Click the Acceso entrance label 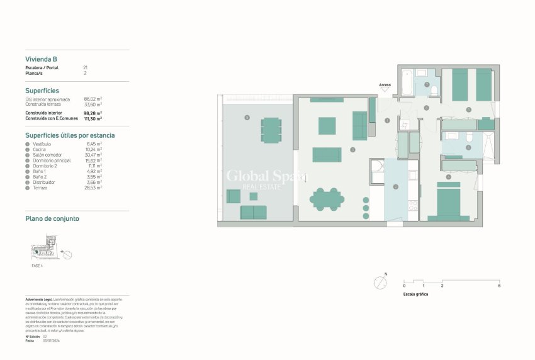tap(385, 85)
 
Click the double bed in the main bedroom tap(448, 205)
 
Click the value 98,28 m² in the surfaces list tap(93, 113)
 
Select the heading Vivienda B tap(42, 60)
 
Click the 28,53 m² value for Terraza tap(93, 187)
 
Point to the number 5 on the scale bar tap(499, 286)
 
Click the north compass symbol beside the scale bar tap(380, 283)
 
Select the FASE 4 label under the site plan tap(37, 266)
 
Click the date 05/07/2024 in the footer tap(51, 340)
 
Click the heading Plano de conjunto tap(52, 219)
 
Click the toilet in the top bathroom tap(434, 91)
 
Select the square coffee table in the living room tap(327, 126)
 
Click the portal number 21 tap(85, 67)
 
